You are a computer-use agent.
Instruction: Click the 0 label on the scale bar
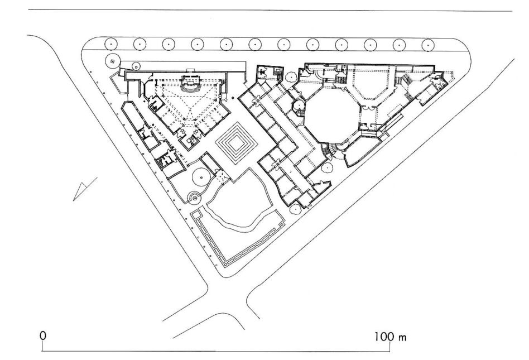pos(43,335)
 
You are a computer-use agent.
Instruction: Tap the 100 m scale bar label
pos(390,337)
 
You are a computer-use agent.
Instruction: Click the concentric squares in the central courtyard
pos(237,143)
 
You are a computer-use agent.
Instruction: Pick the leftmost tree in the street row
pos(111,44)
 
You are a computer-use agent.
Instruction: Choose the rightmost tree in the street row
pos(428,45)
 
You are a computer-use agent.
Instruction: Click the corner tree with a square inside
pos(112,61)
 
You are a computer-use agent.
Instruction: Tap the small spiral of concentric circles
pos(194,198)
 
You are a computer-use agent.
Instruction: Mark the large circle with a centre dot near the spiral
pos(202,177)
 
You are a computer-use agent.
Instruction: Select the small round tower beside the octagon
pos(299,105)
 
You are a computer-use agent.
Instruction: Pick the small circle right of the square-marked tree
pos(136,65)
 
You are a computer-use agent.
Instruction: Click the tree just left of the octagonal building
pos(290,77)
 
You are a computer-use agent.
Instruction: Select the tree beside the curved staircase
pos(326,167)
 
